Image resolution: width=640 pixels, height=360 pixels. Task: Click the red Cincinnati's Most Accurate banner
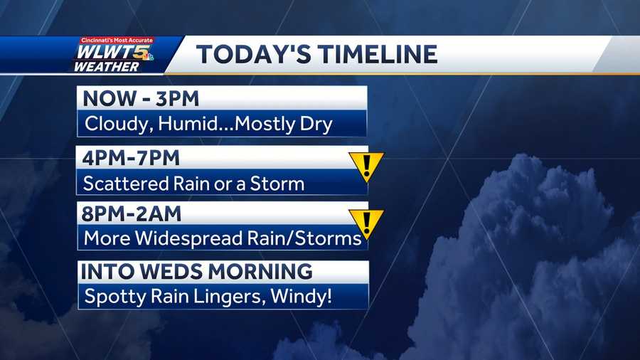click(x=117, y=40)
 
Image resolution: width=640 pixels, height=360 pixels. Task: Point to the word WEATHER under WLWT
click(x=107, y=67)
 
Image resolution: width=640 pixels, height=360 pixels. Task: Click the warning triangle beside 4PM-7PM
click(x=366, y=166)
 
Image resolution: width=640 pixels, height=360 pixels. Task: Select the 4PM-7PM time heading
click(x=131, y=158)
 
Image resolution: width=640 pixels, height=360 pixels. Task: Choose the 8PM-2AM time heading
click(x=131, y=214)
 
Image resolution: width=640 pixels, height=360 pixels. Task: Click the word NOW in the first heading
click(x=110, y=98)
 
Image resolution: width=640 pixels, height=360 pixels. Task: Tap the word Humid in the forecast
click(x=188, y=124)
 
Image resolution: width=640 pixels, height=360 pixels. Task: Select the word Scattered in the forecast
click(x=126, y=184)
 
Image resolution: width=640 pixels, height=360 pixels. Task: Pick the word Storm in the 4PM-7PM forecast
click(x=277, y=184)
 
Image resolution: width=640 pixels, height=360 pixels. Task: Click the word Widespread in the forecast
click(x=189, y=238)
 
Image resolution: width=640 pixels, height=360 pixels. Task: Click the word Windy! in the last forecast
click(x=302, y=296)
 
